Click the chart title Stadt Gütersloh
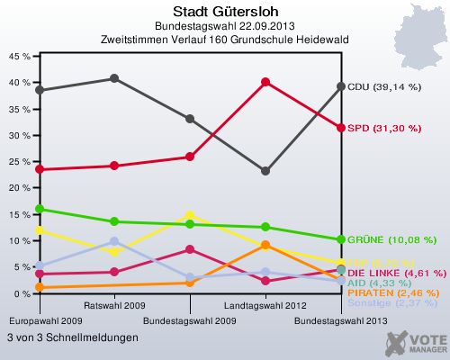coord(224,12)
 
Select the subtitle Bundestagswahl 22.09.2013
coord(224,26)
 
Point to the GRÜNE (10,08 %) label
coord(391,240)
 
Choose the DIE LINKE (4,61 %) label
coord(395,272)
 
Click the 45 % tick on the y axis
coord(18,55)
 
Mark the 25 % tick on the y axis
coord(18,161)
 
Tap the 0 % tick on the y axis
coord(21,294)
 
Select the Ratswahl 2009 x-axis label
coord(114,306)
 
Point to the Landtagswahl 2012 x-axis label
coord(265,306)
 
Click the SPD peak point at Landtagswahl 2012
coord(265,82)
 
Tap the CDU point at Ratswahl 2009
coord(114,78)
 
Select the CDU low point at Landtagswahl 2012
coord(265,171)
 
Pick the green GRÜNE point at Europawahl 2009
coord(39,209)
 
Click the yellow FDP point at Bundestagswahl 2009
coord(190,216)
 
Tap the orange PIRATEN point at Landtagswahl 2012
coord(265,245)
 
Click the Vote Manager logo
coord(416,342)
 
